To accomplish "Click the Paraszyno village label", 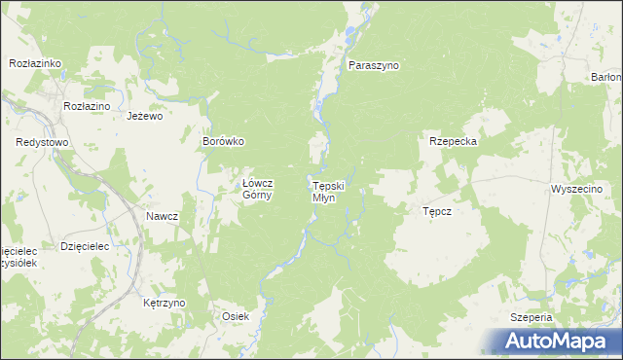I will [x=375, y=65].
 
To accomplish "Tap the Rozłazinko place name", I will [x=35, y=63].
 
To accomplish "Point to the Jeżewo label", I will [x=144, y=115].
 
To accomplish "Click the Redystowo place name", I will [x=42, y=142].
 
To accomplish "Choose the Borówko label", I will [x=222, y=141].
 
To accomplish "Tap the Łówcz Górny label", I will [x=259, y=188].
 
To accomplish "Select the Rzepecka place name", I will [x=453, y=141].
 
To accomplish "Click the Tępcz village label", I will [x=437, y=210].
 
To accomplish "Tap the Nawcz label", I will [x=163, y=216].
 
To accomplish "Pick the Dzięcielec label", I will [x=85, y=247].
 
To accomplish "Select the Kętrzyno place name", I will [x=164, y=303].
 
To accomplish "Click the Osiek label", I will [x=237, y=316].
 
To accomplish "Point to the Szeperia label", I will [x=531, y=318].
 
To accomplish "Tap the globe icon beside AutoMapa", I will [x=504, y=341].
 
